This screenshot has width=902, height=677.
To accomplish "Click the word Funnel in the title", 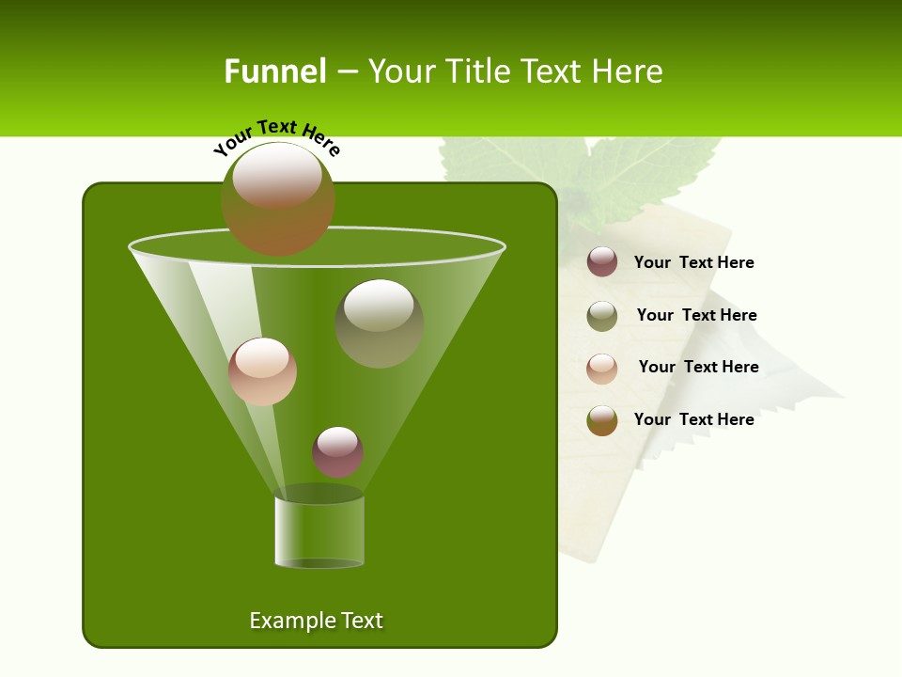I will point(274,71).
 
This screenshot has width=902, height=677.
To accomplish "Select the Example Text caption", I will point(316,621).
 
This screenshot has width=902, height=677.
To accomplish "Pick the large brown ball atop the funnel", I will point(278,199).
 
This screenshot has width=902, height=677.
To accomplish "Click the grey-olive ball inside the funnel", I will point(379,323).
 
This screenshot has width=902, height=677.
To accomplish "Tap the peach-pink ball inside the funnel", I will point(262,371).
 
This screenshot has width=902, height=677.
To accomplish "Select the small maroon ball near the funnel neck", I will point(337,451).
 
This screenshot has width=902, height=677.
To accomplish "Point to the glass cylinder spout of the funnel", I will point(319,531).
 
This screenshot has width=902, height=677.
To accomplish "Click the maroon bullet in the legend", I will point(602,262).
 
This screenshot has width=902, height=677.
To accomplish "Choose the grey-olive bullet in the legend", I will point(602,315).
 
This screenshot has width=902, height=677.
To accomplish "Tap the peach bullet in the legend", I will point(602,368).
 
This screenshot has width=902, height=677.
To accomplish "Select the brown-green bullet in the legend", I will point(602,420).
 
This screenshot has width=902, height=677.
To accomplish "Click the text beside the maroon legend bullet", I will point(693,263).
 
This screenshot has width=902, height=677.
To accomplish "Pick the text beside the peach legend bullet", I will point(698,367).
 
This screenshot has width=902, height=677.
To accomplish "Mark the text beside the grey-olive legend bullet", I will point(696,315).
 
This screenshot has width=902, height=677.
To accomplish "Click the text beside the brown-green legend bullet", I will point(693,419).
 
